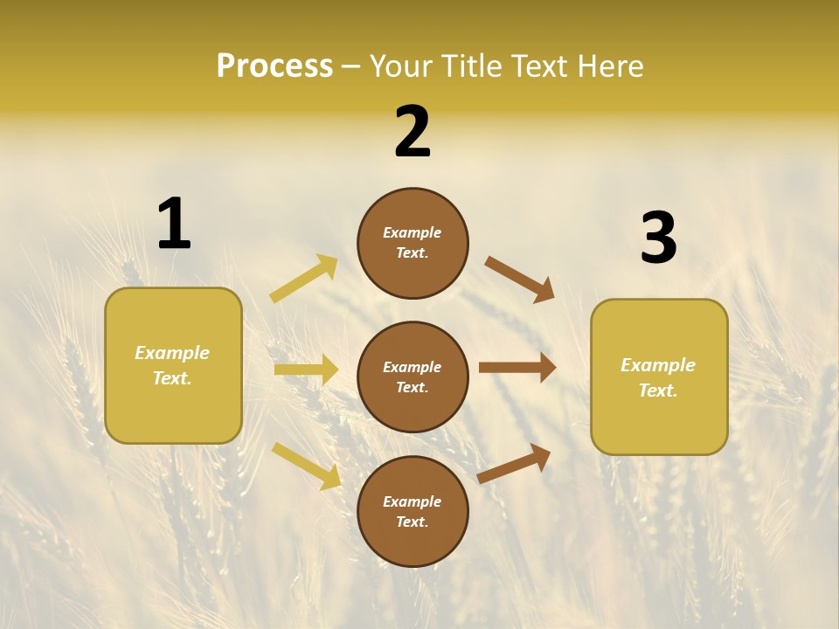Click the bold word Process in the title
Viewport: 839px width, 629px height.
274,66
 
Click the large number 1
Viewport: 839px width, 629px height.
174,224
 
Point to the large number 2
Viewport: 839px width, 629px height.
413,132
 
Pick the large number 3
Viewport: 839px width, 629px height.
658,238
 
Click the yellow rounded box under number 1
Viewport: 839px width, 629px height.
173,365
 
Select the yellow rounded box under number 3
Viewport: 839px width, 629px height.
659,377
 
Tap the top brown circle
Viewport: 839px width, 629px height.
413,243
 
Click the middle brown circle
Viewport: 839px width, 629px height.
413,377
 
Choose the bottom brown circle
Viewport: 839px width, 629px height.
413,512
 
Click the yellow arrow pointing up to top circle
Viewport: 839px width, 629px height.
304,279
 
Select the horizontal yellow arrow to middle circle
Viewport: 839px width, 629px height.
306,370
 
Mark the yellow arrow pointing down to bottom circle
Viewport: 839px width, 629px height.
306,466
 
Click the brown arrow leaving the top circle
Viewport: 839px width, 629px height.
520,280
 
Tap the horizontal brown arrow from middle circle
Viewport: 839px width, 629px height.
517,368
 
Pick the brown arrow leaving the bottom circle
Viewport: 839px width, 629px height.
514,463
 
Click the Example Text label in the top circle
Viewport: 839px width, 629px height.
413,243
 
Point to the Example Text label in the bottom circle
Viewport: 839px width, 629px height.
413,512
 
